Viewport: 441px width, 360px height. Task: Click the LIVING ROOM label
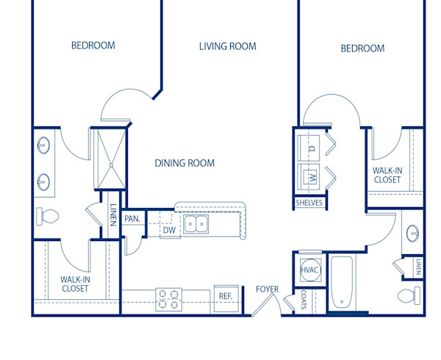click(228, 46)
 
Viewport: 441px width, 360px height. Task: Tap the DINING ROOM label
click(184, 163)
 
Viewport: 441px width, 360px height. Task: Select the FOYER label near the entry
click(267, 289)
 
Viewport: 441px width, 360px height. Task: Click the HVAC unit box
click(310, 270)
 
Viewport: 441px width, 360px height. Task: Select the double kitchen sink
click(196, 224)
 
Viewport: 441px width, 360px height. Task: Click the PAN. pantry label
click(132, 218)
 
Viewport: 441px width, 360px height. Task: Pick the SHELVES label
click(309, 203)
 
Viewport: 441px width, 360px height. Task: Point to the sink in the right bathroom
click(414, 234)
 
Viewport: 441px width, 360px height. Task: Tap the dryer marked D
click(310, 148)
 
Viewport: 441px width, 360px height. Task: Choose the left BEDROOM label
click(93, 46)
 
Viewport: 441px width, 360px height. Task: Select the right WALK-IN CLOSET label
click(387, 175)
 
